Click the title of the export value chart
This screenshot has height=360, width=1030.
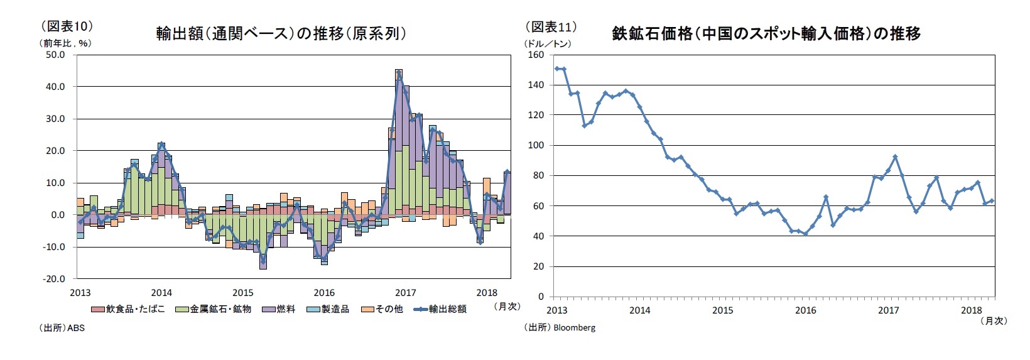coord(281,33)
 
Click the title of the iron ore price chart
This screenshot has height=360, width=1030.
coord(766,33)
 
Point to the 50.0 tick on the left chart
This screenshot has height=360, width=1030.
coord(55,55)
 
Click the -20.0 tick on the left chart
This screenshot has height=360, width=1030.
coord(54,278)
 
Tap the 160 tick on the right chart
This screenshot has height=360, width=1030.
coord(536,55)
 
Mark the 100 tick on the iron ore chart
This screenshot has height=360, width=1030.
coord(536,145)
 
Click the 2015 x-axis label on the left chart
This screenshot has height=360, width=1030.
coord(243,293)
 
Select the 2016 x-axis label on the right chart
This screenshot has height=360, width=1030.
coord(805,310)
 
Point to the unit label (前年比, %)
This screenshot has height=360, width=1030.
coord(66,43)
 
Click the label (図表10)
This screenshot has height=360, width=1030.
coord(67,26)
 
